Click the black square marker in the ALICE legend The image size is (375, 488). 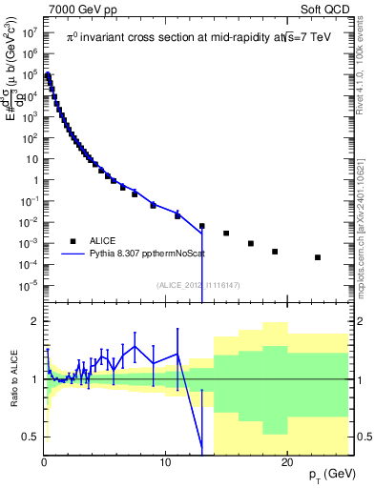71,241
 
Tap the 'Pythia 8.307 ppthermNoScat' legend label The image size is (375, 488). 141,255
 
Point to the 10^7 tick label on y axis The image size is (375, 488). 31,31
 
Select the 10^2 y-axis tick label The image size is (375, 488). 31,137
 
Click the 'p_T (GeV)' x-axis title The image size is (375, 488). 331,475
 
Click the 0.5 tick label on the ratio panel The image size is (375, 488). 29,437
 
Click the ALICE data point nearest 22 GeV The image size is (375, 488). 318,257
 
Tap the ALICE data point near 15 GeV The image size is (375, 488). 226,234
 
